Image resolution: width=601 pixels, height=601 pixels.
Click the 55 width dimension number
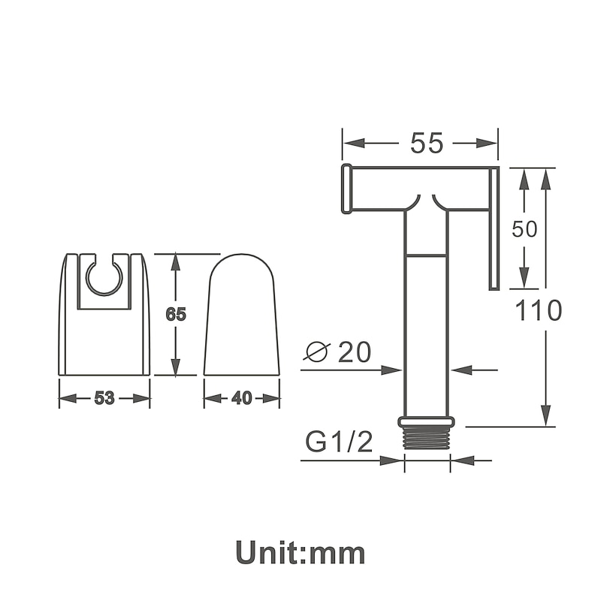[x=427, y=143]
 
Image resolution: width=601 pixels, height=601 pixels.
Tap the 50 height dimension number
[x=524, y=229]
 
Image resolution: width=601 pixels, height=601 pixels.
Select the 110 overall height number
[x=538, y=310]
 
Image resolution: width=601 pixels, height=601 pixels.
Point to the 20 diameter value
[x=355, y=352]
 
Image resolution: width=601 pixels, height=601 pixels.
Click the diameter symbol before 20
[x=317, y=351]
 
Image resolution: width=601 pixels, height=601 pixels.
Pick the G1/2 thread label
[x=339, y=442]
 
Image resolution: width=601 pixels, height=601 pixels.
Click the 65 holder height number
[x=176, y=314]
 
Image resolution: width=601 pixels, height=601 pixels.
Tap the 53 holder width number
[x=104, y=399]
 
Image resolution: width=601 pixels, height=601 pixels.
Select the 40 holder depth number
[x=242, y=399]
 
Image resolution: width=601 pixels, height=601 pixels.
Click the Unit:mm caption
[x=300, y=552]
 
